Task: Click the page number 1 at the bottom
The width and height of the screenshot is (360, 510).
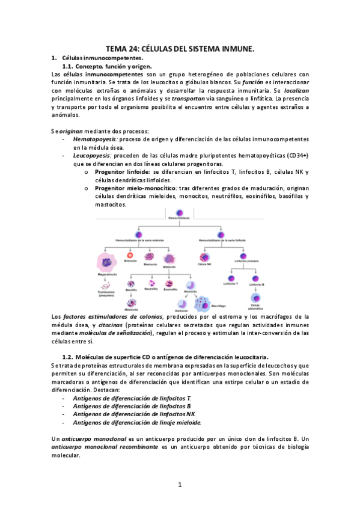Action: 180,485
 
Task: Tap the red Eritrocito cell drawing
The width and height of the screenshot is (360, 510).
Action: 130,254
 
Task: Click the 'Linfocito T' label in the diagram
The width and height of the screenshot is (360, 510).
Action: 230,283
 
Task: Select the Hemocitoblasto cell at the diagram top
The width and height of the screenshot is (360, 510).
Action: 179,213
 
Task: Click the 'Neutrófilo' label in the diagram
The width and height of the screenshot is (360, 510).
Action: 150,289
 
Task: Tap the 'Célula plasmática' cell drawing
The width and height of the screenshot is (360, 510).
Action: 256,297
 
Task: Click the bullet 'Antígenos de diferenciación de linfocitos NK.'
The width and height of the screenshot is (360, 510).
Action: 134,414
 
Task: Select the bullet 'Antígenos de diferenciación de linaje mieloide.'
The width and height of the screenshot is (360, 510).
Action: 137,422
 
